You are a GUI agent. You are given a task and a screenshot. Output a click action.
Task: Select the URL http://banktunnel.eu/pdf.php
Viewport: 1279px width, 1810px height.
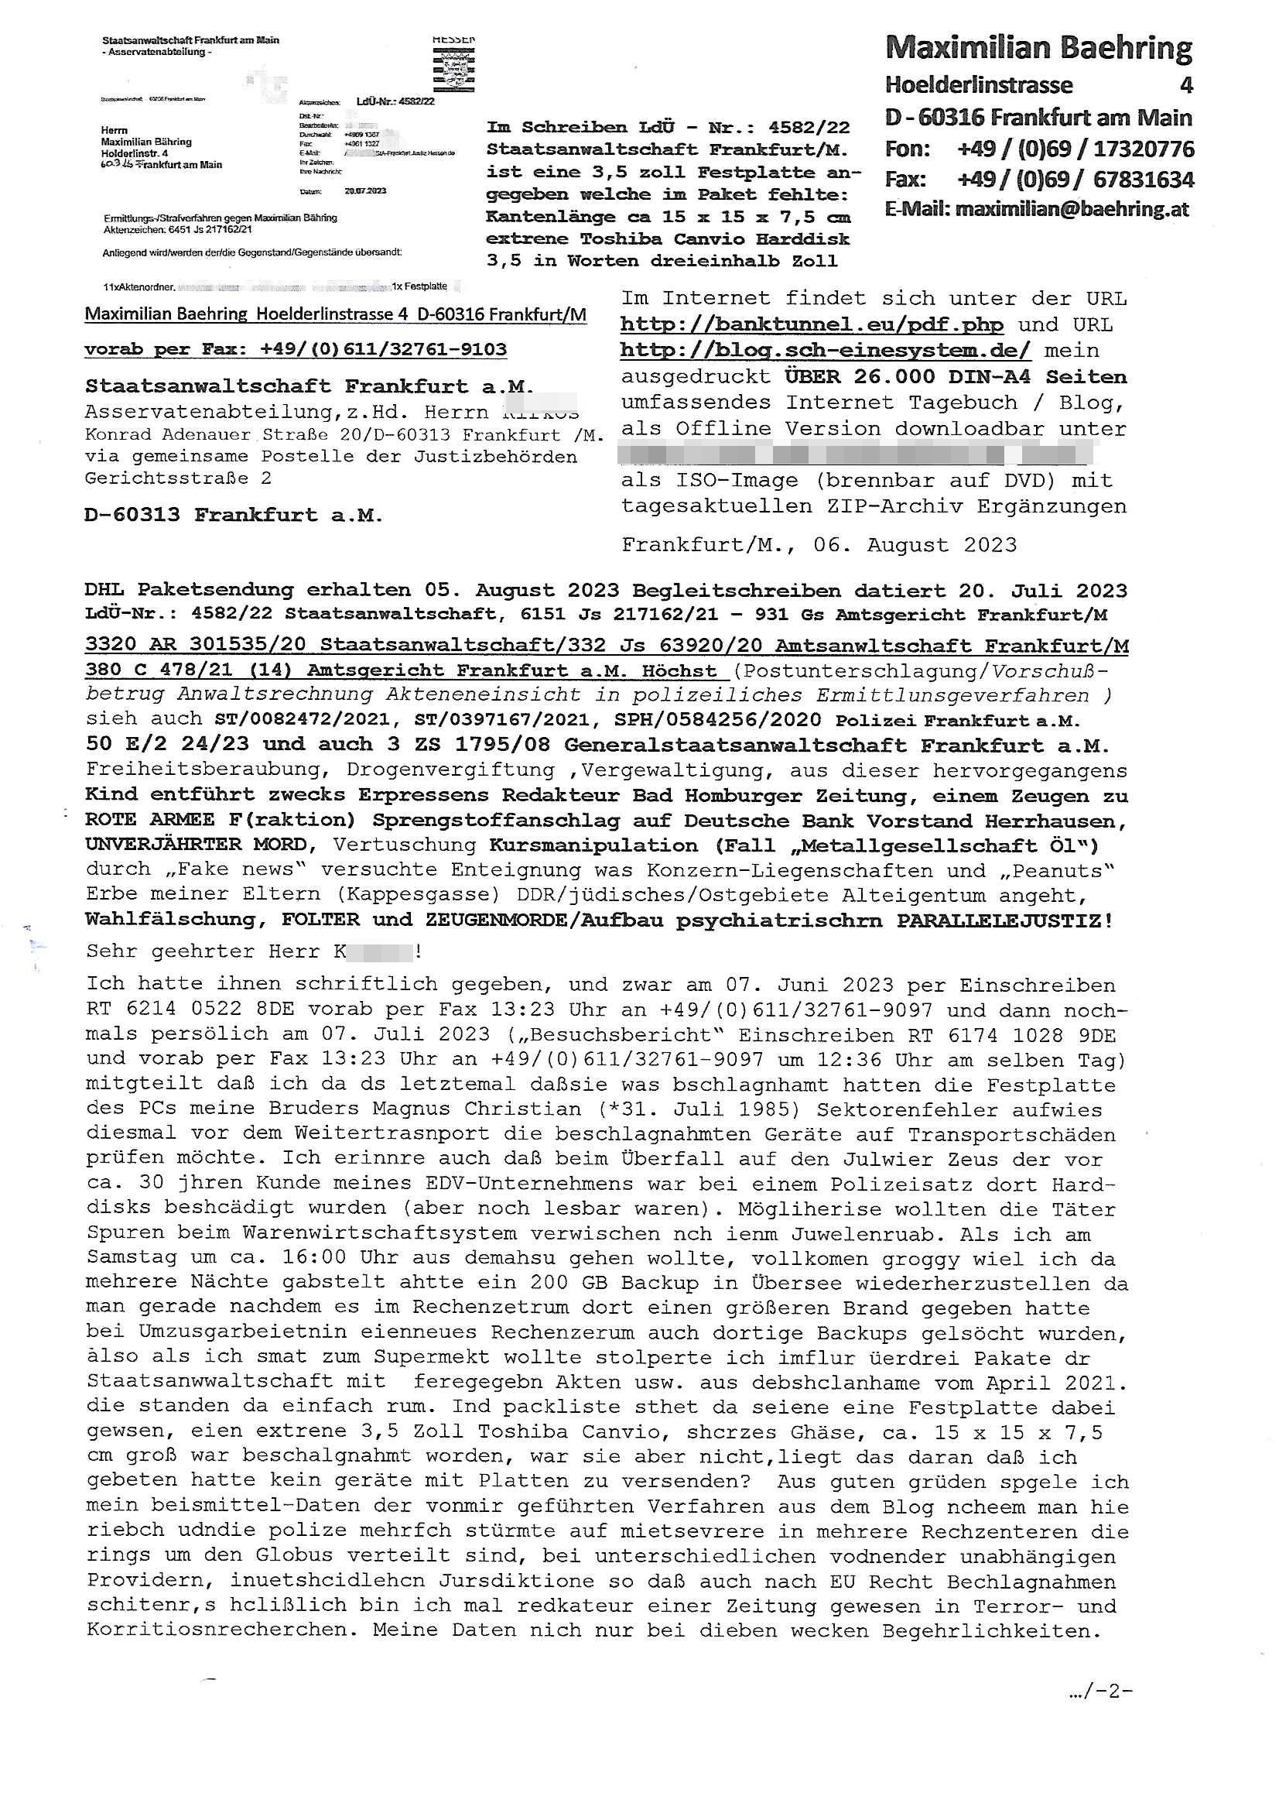(x=811, y=325)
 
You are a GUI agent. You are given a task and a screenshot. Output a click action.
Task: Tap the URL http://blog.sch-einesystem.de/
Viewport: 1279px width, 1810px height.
(x=825, y=351)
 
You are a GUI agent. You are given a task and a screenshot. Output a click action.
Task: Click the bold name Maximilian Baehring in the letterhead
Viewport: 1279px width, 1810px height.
(x=1038, y=49)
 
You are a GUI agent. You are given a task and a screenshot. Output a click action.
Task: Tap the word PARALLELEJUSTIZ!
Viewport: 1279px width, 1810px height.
(x=1005, y=920)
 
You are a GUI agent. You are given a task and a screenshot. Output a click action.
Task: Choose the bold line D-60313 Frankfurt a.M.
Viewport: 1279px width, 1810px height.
(x=233, y=516)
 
